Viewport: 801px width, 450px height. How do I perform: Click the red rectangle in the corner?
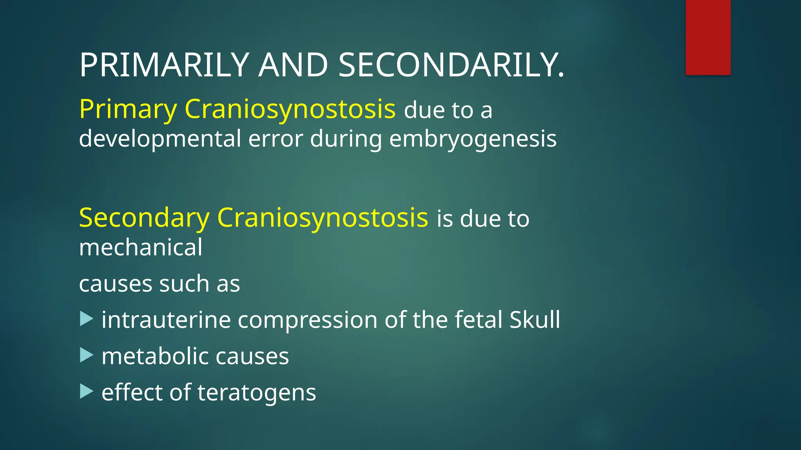(x=708, y=37)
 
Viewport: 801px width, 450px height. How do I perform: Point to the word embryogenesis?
(x=472, y=139)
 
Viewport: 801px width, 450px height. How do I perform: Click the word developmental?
(x=160, y=139)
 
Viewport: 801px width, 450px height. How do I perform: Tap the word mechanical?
(x=141, y=247)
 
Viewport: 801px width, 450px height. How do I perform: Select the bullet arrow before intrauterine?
(x=86, y=319)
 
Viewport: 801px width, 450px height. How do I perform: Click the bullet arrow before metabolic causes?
(x=86, y=355)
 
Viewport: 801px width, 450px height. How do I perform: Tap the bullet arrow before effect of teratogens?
(x=86, y=391)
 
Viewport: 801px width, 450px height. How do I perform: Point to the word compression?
(x=307, y=320)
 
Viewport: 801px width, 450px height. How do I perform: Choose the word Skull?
(x=535, y=320)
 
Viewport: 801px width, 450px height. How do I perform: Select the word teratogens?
(x=257, y=392)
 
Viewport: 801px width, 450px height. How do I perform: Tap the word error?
(x=276, y=139)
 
